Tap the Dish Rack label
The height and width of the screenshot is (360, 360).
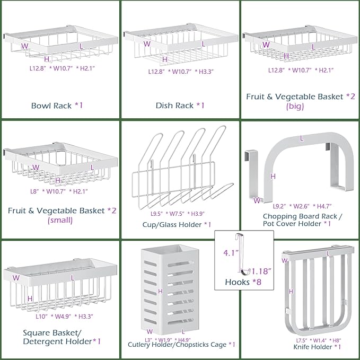[179, 105]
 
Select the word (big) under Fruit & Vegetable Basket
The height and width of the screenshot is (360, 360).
[295, 106]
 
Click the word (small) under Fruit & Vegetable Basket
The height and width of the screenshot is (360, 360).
[61, 220]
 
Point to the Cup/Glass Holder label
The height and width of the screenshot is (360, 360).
[179, 225]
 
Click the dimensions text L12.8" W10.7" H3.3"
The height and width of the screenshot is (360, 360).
[179, 71]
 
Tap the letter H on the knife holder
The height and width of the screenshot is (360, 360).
[291, 291]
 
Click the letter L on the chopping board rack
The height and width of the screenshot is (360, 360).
[302, 138]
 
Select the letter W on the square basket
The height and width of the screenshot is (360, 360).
[16, 277]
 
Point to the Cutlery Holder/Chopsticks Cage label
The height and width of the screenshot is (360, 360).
[181, 345]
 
